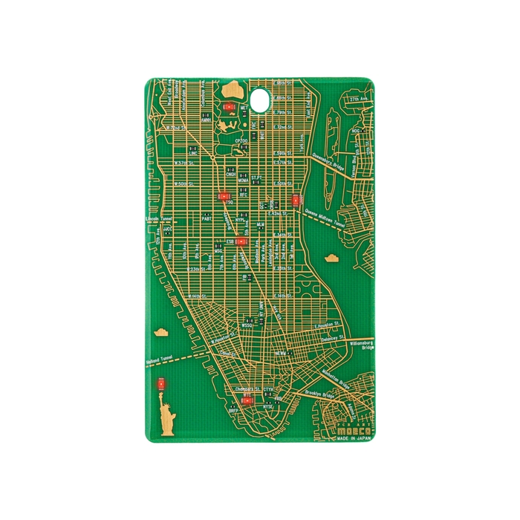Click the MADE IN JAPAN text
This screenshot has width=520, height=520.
tap(351, 438)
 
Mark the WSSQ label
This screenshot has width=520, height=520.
tap(248, 325)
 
